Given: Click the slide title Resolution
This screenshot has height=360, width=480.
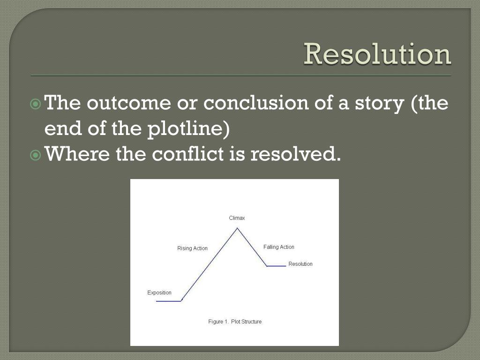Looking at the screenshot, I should point(377,55).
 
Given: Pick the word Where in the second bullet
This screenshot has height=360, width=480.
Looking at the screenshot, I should point(77,154).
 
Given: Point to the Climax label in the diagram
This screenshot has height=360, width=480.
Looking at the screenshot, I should point(237,218).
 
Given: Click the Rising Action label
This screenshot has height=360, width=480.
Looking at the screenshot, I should point(192,248).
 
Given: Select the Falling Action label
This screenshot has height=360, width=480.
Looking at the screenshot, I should point(279,247).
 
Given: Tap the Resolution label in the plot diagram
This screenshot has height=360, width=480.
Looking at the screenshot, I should point(300,264).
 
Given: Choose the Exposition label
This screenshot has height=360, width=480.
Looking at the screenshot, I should point(159,292).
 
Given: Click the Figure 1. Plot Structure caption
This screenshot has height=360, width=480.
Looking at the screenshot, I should point(235,322).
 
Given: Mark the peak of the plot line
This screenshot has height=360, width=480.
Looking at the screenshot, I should point(237,228).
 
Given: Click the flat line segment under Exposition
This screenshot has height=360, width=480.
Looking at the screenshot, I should point(168,301).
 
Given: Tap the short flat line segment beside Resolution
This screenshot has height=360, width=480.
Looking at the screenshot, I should point(276,266).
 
